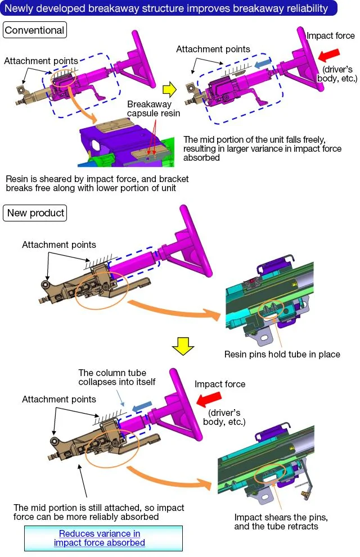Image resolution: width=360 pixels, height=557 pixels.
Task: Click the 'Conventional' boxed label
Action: pyautogui.click(x=35, y=30)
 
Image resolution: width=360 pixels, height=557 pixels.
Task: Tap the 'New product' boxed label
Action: pyautogui.click(x=35, y=213)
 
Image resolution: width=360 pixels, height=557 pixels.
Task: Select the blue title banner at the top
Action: pyautogui.click(x=168, y=8)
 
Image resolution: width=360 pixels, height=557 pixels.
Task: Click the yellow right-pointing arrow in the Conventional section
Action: pyautogui.click(x=169, y=89)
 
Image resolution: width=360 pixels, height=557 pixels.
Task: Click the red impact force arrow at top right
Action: pyautogui.click(x=329, y=55)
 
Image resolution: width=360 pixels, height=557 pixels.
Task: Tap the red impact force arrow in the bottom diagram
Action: pyautogui.click(x=209, y=400)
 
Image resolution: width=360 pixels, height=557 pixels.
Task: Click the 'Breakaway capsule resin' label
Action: pyautogui.click(x=154, y=108)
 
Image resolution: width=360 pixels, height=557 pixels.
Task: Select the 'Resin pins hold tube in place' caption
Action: pyautogui.click(x=282, y=354)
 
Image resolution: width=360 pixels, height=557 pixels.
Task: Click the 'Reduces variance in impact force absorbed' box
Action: pyautogui.click(x=103, y=538)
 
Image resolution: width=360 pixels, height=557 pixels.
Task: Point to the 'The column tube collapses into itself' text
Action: pyautogui.click(x=117, y=377)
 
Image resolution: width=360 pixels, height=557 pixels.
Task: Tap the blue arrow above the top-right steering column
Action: pyautogui.click(x=263, y=64)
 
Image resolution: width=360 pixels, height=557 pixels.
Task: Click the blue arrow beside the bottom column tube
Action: pyautogui.click(x=142, y=407)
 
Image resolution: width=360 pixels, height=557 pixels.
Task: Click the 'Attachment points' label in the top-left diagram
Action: pyautogui.click(x=41, y=61)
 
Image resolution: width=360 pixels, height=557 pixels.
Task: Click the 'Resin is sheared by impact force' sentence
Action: pyautogui.click(x=97, y=183)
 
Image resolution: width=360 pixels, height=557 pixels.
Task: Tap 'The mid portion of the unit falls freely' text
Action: pyautogui.click(x=262, y=148)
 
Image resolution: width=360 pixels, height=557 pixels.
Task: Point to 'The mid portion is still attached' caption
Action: pyautogui.click(x=99, y=512)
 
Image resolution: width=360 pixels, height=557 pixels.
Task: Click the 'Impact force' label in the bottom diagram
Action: pyautogui.click(x=219, y=384)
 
